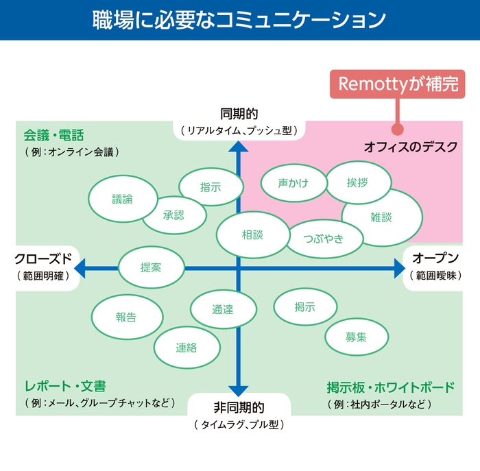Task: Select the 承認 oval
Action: (173, 215)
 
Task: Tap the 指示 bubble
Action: (211, 186)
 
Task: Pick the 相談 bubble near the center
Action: (252, 234)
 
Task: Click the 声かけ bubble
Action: (293, 183)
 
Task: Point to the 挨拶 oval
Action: (357, 182)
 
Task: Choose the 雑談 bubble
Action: (381, 217)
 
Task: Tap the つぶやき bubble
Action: (323, 239)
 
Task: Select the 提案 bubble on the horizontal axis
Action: (151, 267)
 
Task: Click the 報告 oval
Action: (125, 317)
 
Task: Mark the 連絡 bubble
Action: (186, 347)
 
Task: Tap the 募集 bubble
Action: (356, 337)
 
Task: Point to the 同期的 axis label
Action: (239, 114)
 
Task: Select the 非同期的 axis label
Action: (239, 407)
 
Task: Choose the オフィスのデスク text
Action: (410, 147)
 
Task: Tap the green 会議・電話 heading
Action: (53, 135)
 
